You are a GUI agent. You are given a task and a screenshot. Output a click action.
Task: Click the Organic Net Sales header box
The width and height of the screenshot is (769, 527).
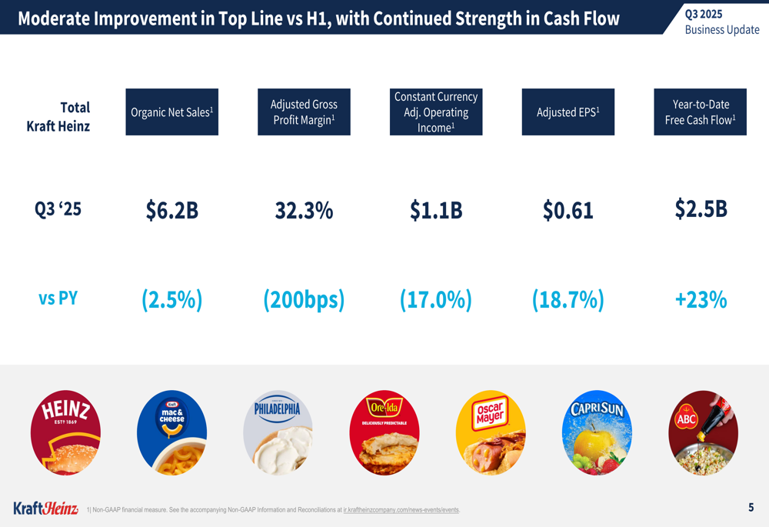coord(171,112)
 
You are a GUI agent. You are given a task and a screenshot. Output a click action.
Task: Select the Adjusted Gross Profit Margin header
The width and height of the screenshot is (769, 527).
coord(304,112)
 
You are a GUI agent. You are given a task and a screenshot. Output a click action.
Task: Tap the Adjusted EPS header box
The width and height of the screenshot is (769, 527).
coord(568,112)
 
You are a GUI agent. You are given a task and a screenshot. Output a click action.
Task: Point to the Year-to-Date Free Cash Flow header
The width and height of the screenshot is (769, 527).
coord(700,112)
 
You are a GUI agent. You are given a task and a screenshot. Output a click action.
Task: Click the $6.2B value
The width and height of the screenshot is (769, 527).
coord(171,210)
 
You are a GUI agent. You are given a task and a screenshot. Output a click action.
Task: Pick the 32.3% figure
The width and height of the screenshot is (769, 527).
coord(304,210)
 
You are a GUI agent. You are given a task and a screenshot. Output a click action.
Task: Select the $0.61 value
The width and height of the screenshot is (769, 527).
coord(568,210)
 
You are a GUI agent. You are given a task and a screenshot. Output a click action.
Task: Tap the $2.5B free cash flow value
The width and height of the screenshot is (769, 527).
coord(701,208)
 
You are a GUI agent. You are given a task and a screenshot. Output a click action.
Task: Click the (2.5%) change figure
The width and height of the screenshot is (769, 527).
coord(171,299)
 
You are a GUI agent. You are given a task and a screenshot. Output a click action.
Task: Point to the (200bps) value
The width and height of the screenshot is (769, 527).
coord(304,299)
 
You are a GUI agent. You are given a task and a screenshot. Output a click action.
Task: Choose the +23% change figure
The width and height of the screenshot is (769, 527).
coord(701,299)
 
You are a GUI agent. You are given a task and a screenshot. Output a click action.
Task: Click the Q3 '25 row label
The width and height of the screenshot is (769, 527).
coord(58,208)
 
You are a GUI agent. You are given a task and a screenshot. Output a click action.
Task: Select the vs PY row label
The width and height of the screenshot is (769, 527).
coord(58,298)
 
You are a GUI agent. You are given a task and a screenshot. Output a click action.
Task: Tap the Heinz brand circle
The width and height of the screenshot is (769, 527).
coord(65,432)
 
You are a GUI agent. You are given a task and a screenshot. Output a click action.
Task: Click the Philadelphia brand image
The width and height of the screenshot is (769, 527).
coord(278,432)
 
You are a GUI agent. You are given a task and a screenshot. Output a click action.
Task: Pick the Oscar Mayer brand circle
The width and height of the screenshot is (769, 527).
coord(491,432)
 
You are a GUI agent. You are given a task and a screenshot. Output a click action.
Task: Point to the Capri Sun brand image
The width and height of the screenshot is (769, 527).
coord(597,432)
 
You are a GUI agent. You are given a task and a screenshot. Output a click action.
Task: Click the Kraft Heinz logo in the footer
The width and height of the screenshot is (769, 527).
coord(45,508)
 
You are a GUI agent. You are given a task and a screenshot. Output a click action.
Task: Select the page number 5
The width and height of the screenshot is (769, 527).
coord(751,507)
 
